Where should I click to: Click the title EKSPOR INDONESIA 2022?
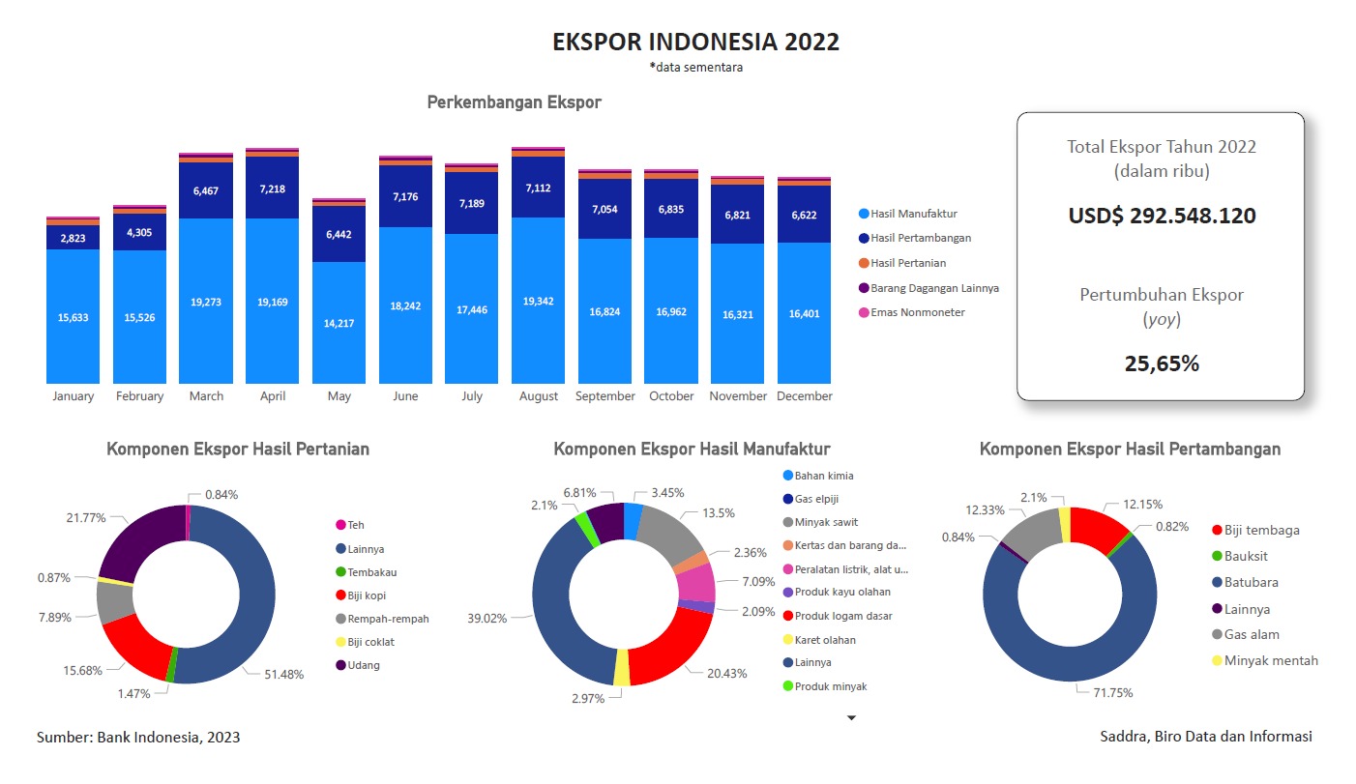[x=695, y=43]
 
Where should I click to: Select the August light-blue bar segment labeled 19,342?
[x=538, y=302]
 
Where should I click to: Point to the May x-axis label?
[x=339, y=396]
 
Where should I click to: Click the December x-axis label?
[x=804, y=396]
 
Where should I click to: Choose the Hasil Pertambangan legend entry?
[x=920, y=238]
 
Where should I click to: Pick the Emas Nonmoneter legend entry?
[x=917, y=312]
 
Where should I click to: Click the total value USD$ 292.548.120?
[x=1162, y=216]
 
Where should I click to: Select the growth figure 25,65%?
[x=1162, y=363]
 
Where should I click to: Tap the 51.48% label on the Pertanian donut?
[x=283, y=674]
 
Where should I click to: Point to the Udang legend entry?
[x=364, y=665]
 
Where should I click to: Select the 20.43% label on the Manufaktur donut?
[x=727, y=673]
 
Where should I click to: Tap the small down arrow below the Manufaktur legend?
[x=852, y=717]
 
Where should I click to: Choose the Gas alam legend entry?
[x=1251, y=634]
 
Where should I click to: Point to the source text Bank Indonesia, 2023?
[x=138, y=737]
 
